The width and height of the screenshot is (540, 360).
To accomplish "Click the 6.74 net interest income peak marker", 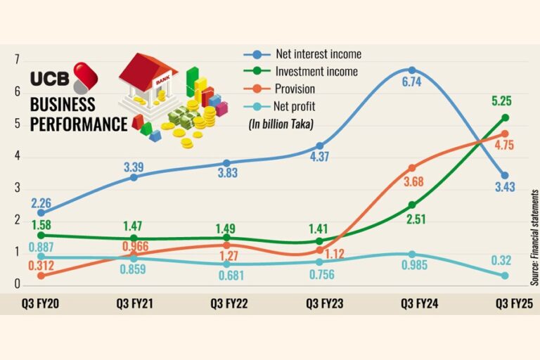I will [x=412, y=70].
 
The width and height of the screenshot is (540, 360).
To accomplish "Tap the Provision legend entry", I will [x=295, y=89].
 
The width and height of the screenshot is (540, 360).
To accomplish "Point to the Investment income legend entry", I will [x=316, y=72].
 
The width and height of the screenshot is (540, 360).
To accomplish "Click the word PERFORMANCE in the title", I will [x=78, y=124].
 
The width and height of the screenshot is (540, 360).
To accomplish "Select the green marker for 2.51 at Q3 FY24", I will [x=412, y=205].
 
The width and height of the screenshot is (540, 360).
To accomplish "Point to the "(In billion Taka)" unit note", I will [x=281, y=124].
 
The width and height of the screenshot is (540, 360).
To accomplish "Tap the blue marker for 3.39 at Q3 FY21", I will [x=134, y=176].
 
